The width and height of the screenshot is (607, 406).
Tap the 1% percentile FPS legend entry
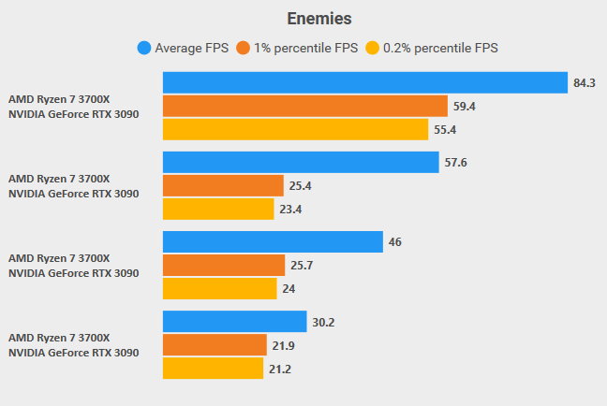298,48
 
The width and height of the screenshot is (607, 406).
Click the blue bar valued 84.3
365,83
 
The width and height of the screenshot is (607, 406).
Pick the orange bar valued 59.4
304,107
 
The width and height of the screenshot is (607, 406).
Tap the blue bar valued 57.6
301,163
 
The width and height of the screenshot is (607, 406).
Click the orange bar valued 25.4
223,186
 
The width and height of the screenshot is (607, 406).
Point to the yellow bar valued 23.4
218,210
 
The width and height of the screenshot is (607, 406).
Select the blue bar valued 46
273,242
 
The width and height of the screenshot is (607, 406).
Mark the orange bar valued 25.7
224,266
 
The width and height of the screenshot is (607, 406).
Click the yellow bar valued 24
220,289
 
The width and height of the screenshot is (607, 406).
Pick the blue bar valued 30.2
235,322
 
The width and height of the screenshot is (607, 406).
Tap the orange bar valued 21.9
215,345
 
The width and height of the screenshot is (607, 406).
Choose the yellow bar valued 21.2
213,369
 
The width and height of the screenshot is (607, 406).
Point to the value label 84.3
585,83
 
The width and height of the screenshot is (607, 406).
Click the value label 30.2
323,322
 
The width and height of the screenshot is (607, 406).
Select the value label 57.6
455,163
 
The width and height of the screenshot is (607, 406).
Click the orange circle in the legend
243,48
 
